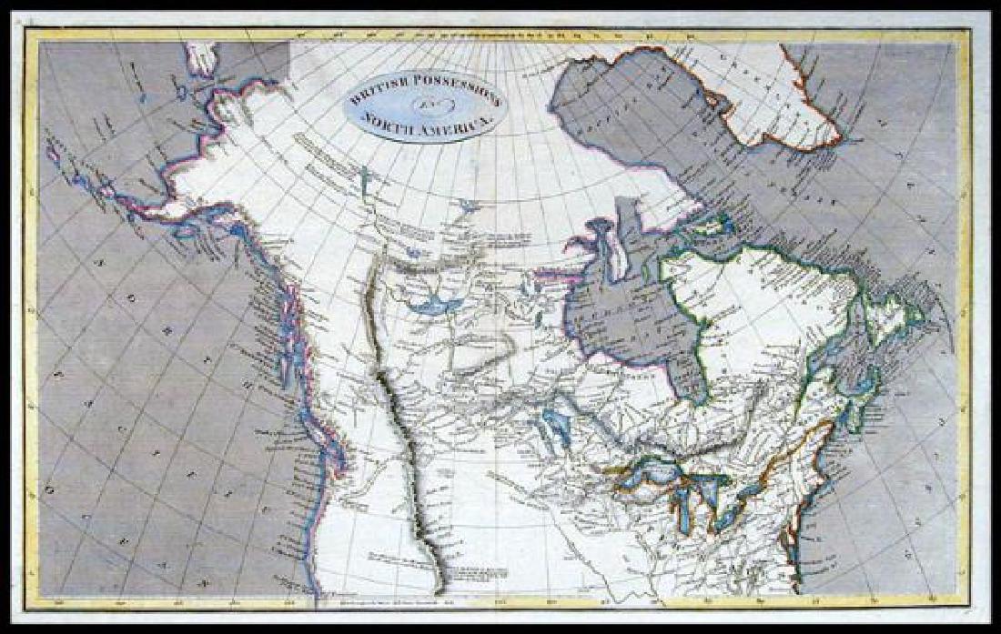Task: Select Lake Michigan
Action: [682, 515]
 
